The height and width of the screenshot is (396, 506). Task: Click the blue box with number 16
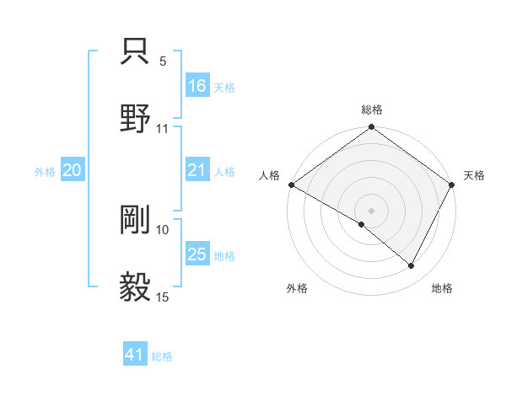pyautogui.click(x=197, y=86)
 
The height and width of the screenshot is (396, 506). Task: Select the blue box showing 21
pyautogui.click(x=197, y=170)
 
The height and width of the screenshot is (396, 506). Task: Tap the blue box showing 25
pyautogui.click(x=197, y=254)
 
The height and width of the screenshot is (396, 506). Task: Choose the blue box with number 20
pyautogui.click(x=73, y=170)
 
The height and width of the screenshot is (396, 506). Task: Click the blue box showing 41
pyautogui.click(x=135, y=355)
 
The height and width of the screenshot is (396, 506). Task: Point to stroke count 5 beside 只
pyautogui.click(x=163, y=62)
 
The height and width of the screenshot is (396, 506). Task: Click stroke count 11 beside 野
pyautogui.click(x=163, y=129)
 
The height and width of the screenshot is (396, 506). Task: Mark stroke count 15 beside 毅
pyautogui.click(x=163, y=297)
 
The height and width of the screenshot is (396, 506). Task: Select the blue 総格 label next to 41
pyautogui.click(x=162, y=356)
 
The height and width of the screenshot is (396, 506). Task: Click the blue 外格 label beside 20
pyautogui.click(x=45, y=171)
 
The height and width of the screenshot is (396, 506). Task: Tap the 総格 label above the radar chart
pyautogui.click(x=372, y=110)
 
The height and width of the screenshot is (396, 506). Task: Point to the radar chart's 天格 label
pyautogui.click(x=474, y=175)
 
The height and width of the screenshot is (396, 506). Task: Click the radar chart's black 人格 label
pyautogui.click(x=269, y=175)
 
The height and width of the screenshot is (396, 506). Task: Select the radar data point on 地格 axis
pyautogui.click(x=412, y=266)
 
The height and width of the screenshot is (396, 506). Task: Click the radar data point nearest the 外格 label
pyautogui.click(x=362, y=224)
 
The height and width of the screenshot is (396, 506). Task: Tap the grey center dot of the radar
pyautogui.click(x=372, y=210)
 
